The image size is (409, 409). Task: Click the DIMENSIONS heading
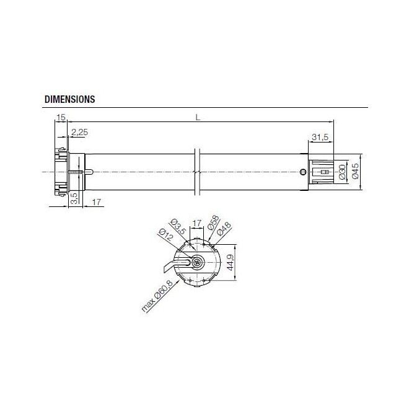click(x=69, y=99)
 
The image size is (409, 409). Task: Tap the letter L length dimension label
click(x=196, y=117)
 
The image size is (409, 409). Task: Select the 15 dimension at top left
click(x=61, y=117)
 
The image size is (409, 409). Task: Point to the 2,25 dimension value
click(x=79, y=132)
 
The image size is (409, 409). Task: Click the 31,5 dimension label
click(x=320, y=137)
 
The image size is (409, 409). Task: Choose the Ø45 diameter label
click(x=354, y=172)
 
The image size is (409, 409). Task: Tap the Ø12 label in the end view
click(x=165, y=237)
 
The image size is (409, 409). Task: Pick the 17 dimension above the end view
click(x=196, y=222)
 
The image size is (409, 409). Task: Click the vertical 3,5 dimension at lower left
click(x=74, y=198)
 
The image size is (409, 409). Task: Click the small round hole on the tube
click(x=302, y=172)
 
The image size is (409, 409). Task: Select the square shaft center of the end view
click(x=197, y=262)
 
